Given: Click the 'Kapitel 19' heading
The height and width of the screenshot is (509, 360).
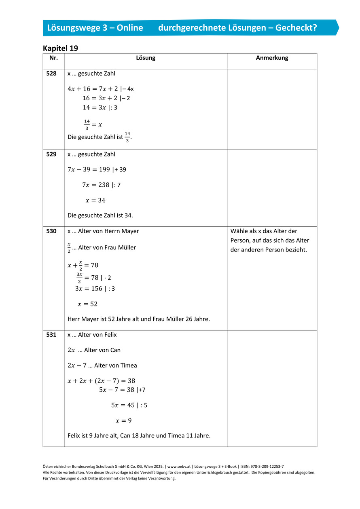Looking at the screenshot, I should point(60,48).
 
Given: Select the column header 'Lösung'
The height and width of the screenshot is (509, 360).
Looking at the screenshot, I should point(146,58).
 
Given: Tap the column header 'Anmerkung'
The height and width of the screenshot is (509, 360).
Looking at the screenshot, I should point(272,58).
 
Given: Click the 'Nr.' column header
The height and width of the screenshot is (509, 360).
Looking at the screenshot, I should point(53,58).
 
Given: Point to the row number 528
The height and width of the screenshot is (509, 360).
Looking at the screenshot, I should point(51,74).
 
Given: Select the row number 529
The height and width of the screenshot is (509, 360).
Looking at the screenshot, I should point(51,154).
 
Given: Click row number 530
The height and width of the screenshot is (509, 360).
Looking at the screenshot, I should point(51,231).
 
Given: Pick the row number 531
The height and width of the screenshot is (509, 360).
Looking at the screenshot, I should point(51,335).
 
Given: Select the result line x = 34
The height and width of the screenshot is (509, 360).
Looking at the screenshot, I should point(95,200).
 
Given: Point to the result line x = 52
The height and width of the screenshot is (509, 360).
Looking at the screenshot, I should point(88,304).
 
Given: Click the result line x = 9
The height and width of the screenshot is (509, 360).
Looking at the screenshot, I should point(123,420).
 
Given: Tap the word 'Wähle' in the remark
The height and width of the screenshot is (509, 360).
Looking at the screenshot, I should point(239,231).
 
